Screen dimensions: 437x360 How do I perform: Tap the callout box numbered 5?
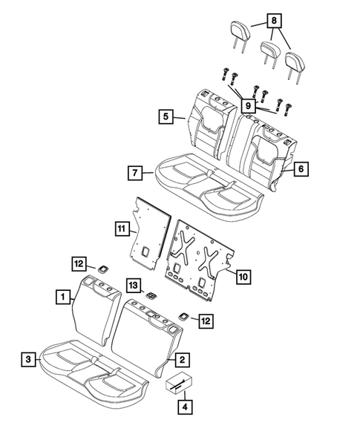pyautogui.click(x=165, y=116)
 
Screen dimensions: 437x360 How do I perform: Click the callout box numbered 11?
pyautogui.click(x=121, y=228)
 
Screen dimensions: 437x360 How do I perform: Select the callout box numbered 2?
pyautogui.click(x=180, y=359)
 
